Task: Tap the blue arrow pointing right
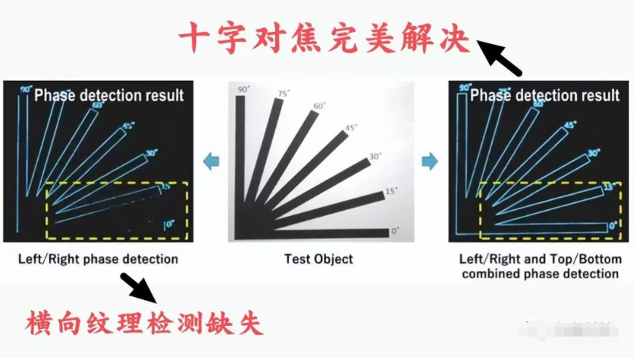point(429,161)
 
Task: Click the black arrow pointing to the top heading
point(502,59)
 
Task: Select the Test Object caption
point(318,259)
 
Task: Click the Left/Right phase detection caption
point(98,259)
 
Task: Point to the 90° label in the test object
point(243,90)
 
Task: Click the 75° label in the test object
point(284,94)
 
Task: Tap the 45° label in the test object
point(351,128)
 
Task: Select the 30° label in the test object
point(374,157)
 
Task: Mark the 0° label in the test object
point(394,230)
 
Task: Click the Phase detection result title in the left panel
point(109,95)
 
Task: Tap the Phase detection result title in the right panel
point(544,95)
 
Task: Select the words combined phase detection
point(540,274)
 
